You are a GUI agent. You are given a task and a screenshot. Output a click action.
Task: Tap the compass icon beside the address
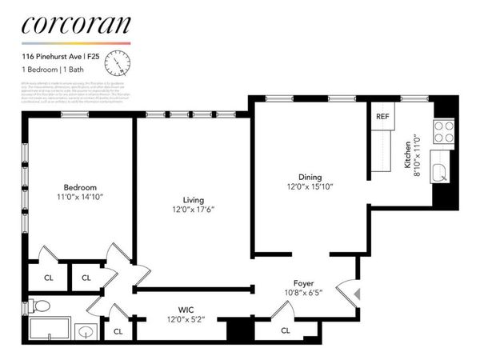(119, 61)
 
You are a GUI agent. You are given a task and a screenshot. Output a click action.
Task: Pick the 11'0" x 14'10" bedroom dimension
(81, 197)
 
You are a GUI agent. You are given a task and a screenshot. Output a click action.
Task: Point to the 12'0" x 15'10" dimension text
(310, 186)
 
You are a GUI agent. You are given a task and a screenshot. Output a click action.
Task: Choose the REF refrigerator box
(382, 116)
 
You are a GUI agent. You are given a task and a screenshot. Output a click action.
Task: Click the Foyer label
(303, 284)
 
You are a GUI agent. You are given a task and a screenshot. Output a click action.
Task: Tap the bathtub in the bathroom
(50, 330)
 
